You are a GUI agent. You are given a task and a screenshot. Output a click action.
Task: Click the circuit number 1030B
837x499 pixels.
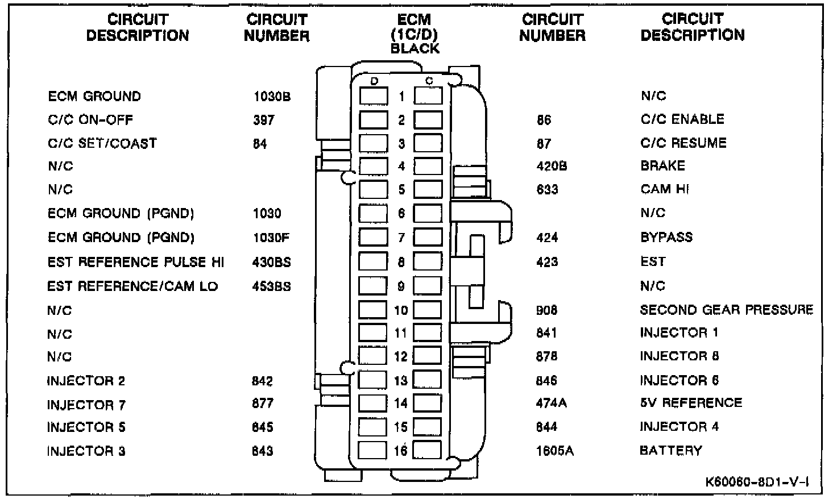pyautogui.click(x=272, y=96)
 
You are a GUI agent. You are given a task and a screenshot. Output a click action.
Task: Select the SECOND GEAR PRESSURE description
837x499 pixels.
pyautogui.click(x=726, y=310)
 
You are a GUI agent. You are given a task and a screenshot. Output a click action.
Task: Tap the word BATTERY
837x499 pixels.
pyautogui.click(x=670, y=451)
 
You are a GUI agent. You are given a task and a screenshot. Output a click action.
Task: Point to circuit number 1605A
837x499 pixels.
pyautogui.click(x=554, y=451)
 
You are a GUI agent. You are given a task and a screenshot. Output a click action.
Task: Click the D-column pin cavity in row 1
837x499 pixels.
pyautogui.click(x=373, y=96)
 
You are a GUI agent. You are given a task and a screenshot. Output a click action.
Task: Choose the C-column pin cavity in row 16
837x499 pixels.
pyautogui.click(x=427, y=450)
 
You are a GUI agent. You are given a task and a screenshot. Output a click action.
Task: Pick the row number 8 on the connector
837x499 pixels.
pyautogui.click(x=401, y=262)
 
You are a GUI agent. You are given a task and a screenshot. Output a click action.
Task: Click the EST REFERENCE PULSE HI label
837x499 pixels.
pyautogui.click(x=136, y=262)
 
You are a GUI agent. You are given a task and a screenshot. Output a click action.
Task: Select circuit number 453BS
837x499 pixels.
pyautogui.click(x=271, y=286)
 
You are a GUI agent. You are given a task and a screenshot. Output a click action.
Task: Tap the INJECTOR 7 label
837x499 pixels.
pyautogui.click(x=86, y=405)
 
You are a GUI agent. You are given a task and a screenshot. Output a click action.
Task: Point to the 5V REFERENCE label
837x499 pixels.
pyautogui.click(x=691, y=403)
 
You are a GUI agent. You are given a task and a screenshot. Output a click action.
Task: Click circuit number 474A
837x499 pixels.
pyautogui.click(x=552, y=403)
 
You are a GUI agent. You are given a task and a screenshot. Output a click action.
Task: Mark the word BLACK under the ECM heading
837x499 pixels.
pyautogui.click(x=415, y=49)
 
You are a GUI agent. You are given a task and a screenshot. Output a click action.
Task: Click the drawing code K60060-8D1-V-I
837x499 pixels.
pyautogui.click(x=757, y=482)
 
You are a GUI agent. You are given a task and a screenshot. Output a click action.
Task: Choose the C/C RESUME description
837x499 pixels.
pyautogui.click(x=683, y=143)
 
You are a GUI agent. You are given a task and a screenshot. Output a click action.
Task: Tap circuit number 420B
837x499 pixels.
pyautogui.click(x=552, y=166)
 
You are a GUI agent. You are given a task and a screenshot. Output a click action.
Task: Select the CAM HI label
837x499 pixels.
pyautogui.click(x=665, y=189)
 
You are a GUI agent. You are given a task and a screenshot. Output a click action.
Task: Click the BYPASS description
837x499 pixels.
pyautogui.click(x=666, y=237)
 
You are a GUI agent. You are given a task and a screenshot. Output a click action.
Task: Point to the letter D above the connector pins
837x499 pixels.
pyautogui.click(x=374, y=81)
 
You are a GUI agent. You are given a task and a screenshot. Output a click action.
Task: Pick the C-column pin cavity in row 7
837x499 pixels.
pyautogui.click(x=428, y=237)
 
